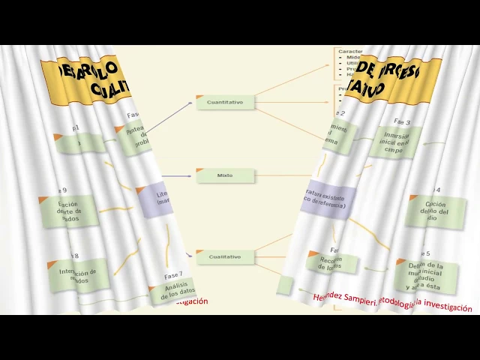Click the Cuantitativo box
pos(225,102)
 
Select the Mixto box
pos(225,175)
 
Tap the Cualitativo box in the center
pos(225,256)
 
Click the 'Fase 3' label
pos(402,121)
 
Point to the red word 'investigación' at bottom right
pos(449,307)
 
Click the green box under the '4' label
pos(435,211)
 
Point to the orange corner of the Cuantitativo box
pos(199,97)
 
